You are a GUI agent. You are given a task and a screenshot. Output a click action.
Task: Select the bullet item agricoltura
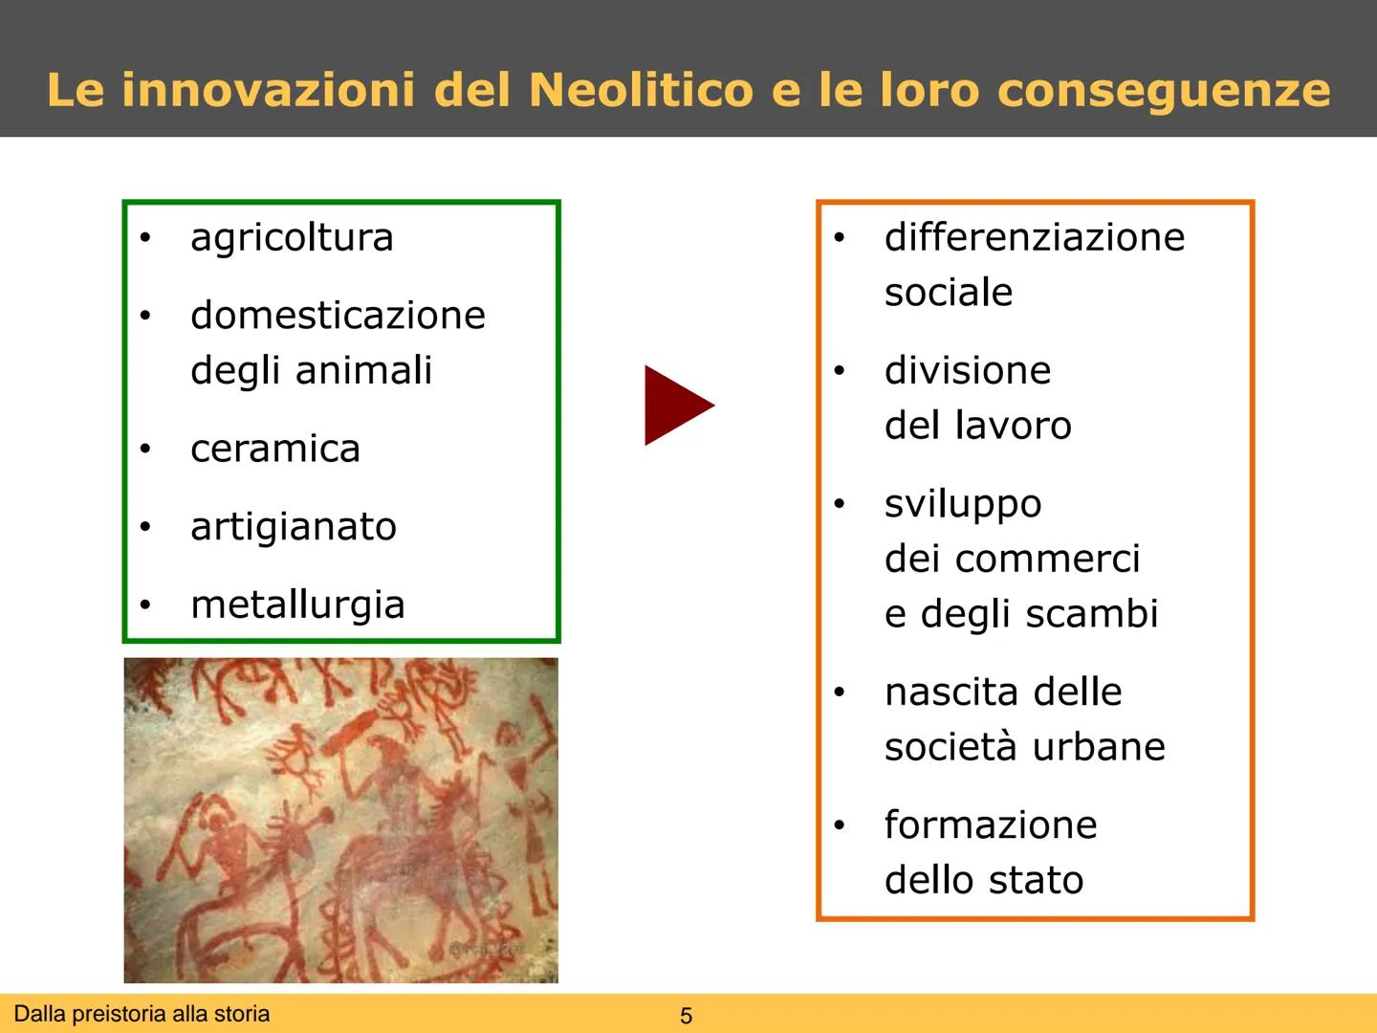pyautogui.click(x=292, y=238)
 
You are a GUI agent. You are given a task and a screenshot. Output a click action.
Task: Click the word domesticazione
pyautogui.click(x=338, y=316)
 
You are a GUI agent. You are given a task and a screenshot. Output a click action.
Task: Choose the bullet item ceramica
pyautogui.click(x=275, y=450)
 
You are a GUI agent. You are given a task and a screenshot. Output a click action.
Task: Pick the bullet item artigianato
pyautogui.click(x=293, y=527)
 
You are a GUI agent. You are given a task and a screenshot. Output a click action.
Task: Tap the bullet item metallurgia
pyautogui.click(x=297, y=605)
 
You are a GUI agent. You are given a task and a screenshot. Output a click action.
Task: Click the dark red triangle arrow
pyautogui.click(x=676, y=405)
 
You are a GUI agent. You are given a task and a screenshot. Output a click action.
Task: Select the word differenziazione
pyautogui.click(x=1035, y=237)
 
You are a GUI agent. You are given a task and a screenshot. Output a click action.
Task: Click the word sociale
pyautogui.click(x=948, y=293)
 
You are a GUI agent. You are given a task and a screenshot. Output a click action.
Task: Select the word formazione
pyautogui.click(x=991, y=825)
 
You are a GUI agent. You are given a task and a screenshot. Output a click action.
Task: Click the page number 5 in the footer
pyautogui.click(x=686, y=1016)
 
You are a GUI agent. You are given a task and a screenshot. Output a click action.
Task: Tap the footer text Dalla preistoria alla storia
pyautogui.click(x=142, y=1014)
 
